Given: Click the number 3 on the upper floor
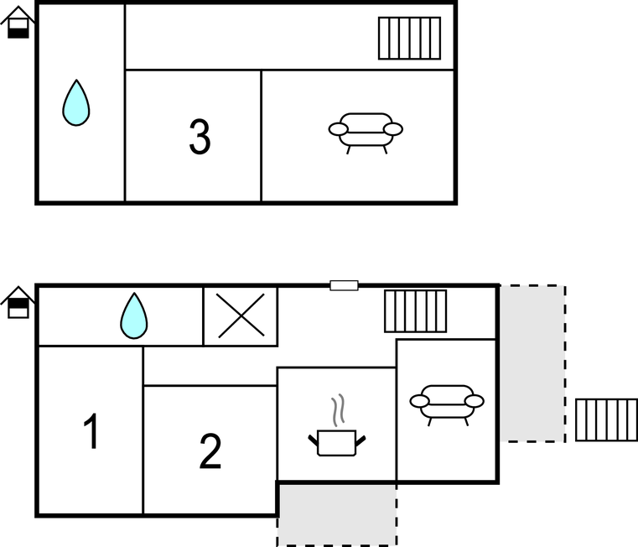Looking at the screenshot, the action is click(x=200, y=137).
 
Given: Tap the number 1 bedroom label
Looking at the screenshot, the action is click(x=91, y=431).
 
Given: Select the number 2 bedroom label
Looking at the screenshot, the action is click(x=210, y=451).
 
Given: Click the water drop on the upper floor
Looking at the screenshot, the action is click(x=76, y=102).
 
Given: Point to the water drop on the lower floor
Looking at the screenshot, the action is click(x=134, y=315).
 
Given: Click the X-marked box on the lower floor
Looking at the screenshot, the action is click(x=241, y=316).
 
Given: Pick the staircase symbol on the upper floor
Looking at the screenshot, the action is click(x=409, y=39).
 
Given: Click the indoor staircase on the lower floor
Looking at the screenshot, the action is click(x=416, y=311).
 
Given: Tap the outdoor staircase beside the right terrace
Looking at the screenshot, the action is click(x=607, y=420).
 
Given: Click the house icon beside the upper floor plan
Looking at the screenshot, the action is click(x=18, y=23).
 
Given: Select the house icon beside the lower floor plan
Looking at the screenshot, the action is click(x=18, y=302).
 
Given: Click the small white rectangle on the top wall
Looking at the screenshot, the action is click(x=345, y=285).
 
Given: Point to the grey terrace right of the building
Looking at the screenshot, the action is click(x=532, y=364).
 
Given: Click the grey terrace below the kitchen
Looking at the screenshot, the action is click(x=337, y=515).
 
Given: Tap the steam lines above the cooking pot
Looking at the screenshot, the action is click(x=338, y=410).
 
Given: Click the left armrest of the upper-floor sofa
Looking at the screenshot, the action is click(x=338, y=129).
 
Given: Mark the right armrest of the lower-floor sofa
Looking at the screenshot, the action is click(x=475, y=401).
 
